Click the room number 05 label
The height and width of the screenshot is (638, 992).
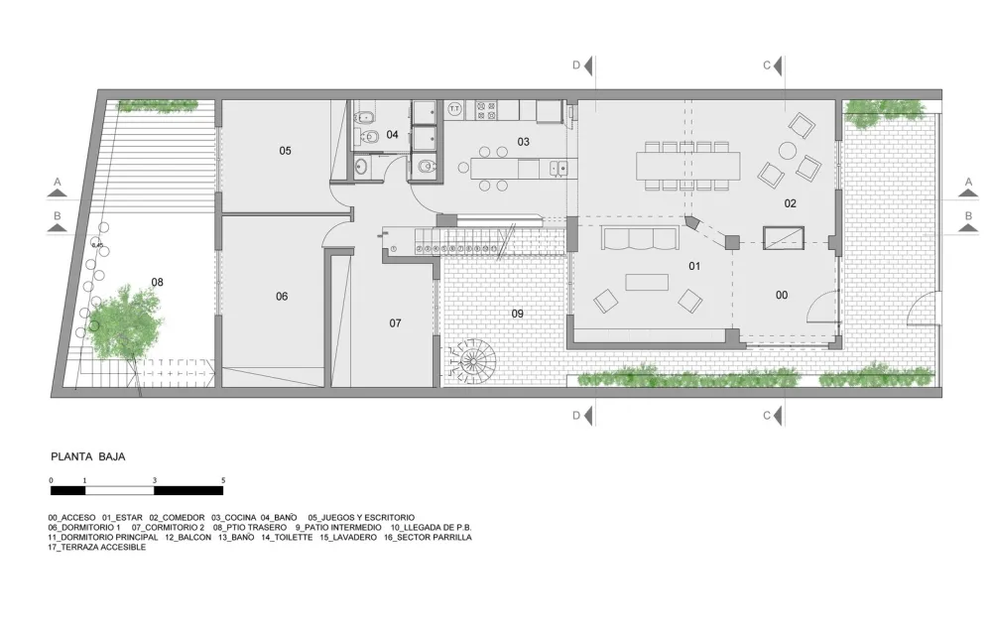tap(285, 151)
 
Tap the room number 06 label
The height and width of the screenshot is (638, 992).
tap(282, 296)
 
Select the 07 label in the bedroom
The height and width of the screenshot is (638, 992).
tap(395, 322)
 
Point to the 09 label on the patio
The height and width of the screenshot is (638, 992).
tap(517, 314)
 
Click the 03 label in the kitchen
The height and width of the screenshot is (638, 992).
tap(523, 142)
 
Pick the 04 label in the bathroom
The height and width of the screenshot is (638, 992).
tap(392, 134)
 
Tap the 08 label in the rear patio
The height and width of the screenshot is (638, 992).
tap(157, 282)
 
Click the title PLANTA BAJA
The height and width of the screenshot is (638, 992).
tap(87, 457)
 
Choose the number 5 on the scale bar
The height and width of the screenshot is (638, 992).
tap(223, 480)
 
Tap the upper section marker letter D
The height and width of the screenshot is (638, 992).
tap(576, 65)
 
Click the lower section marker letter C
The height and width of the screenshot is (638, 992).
tap(767, 415)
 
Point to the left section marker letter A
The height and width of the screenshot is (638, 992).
tap(58, 182)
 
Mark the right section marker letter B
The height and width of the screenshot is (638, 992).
tap(968, 215)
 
